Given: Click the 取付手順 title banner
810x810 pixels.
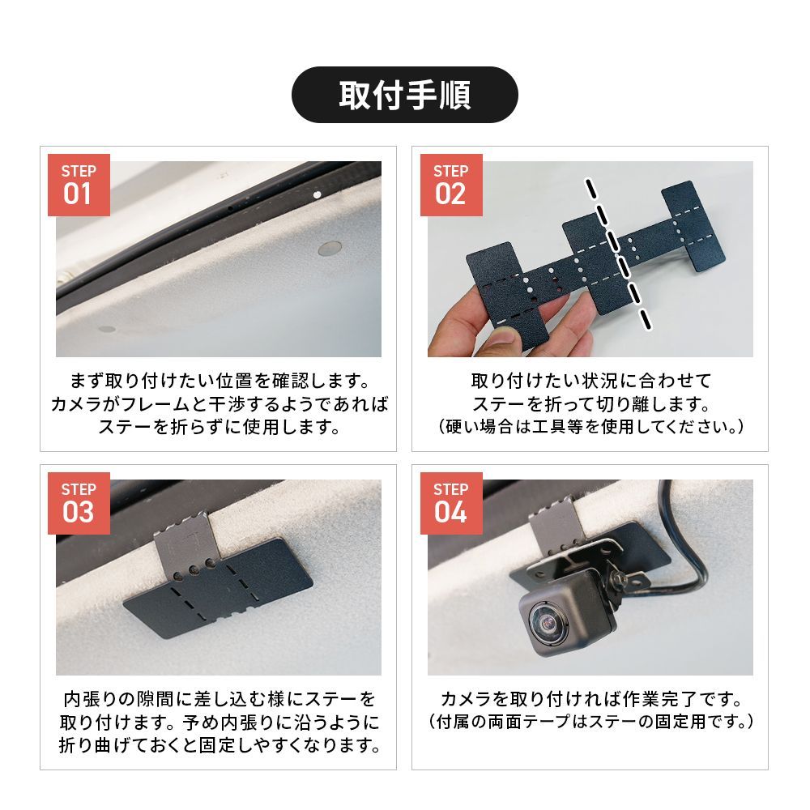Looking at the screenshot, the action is click(x=404, y=95).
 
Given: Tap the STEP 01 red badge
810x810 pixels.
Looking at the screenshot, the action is click(x=79, y=185).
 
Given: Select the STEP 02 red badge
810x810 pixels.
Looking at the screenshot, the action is click(x=451, y=185).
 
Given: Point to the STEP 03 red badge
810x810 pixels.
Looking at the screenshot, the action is click(x=79, y=503).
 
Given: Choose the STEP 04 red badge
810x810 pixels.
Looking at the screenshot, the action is click(x=451, y=503).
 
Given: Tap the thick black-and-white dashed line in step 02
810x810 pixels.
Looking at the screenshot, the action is click(x=618, y=253).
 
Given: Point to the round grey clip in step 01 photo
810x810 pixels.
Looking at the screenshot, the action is click(x=330, y=249).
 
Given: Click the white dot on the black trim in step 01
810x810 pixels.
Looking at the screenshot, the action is click(x=318, y=194).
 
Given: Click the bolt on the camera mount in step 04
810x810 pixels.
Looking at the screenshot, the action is click(x=617, y=581).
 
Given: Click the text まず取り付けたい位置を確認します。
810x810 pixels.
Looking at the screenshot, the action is click(x=220, y=382).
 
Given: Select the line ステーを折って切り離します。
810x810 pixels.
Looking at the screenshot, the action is click(x=590, y=404).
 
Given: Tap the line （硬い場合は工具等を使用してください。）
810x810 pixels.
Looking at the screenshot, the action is click(x=590, y=427).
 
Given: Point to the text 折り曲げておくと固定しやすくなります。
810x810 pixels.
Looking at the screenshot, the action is click(x=220, y=745).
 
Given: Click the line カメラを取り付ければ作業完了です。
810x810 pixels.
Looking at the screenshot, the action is click(x=590, y=700).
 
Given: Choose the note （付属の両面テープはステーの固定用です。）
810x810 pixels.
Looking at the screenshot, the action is click(x=590, y=722).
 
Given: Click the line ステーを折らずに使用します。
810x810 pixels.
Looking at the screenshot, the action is click(x=220, y=427).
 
